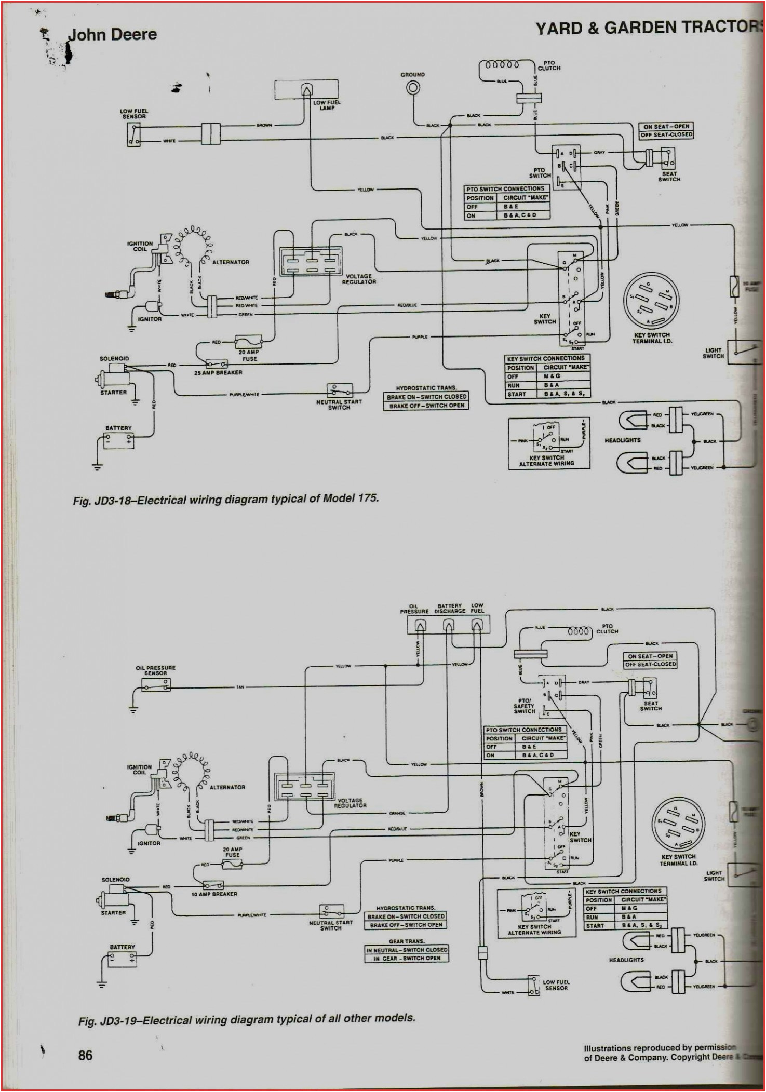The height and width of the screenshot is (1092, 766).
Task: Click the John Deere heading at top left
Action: [x=112, y=35]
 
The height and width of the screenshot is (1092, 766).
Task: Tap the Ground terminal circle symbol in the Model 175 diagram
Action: [x=413, y=88]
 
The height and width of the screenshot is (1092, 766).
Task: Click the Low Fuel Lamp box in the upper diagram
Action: [x=306, y=89]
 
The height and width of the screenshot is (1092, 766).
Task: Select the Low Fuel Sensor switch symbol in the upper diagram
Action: [x=133, y=134]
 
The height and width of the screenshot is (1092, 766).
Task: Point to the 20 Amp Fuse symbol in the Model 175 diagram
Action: [x=249, y=342]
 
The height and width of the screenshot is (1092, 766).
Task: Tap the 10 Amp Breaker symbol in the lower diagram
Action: [x=213, y=885]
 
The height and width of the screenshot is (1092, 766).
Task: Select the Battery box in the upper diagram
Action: [x=119, y=441]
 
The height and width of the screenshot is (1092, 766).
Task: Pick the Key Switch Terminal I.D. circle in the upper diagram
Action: [x=651, y=301]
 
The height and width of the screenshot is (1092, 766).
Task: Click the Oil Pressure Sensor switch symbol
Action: [x=156, y=686]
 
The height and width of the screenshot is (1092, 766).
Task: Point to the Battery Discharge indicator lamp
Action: [x=449, y=626]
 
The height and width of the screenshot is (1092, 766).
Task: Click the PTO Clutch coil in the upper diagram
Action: [x=502, y=65]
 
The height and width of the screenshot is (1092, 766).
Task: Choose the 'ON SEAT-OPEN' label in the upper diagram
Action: [x=666, y=126]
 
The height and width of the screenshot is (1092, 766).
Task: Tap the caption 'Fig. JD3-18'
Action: [x=225, y=499]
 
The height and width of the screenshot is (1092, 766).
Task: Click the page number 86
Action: [x=85, y=1055]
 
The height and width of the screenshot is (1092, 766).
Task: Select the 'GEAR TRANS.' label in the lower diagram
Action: [x=407, y=941]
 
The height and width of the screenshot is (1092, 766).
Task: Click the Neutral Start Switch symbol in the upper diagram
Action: [x=340, y=390]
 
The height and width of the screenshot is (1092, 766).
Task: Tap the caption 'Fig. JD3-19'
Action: [x=247, y=1019]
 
